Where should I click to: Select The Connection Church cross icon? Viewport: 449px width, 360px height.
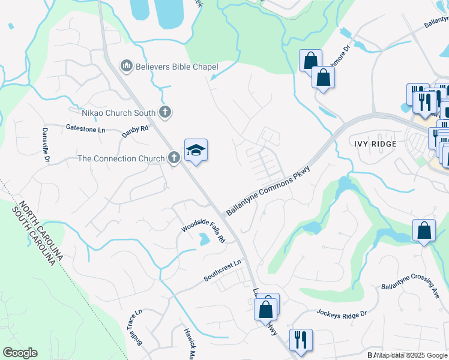[x=173, y=158]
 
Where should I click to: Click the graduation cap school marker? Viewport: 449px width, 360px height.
[x=196, y=150]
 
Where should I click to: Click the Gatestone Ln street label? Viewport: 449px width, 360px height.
[x=85, y=128]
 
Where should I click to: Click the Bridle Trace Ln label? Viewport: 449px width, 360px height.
[x=135, y=328]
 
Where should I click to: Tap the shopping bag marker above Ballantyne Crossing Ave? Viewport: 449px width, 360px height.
[x=424, y=230]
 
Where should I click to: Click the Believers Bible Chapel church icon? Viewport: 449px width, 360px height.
[x=126, y=65]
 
